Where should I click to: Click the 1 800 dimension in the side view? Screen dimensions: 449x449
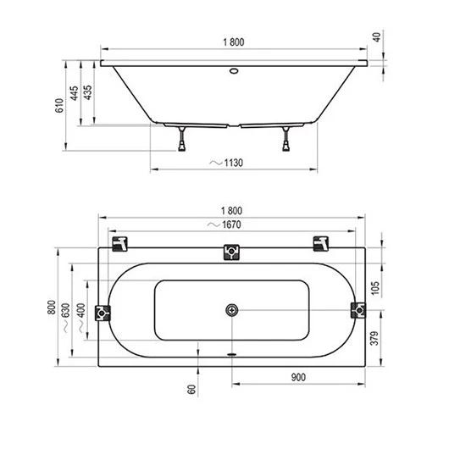pos(234,42)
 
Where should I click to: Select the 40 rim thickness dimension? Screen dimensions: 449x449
pos(377,37)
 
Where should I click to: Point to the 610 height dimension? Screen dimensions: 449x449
pos(59,105)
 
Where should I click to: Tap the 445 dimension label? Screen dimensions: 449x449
pos(75,93)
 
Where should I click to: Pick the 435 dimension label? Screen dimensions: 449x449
pos(87,92)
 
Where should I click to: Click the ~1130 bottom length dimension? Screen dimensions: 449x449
pos(226,163)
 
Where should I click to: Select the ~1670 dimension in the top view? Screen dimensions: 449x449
pos(224,224)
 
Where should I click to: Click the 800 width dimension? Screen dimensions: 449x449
pos(52,308)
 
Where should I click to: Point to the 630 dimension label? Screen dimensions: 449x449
pos(66,310)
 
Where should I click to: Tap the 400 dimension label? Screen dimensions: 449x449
pos(81,310)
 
